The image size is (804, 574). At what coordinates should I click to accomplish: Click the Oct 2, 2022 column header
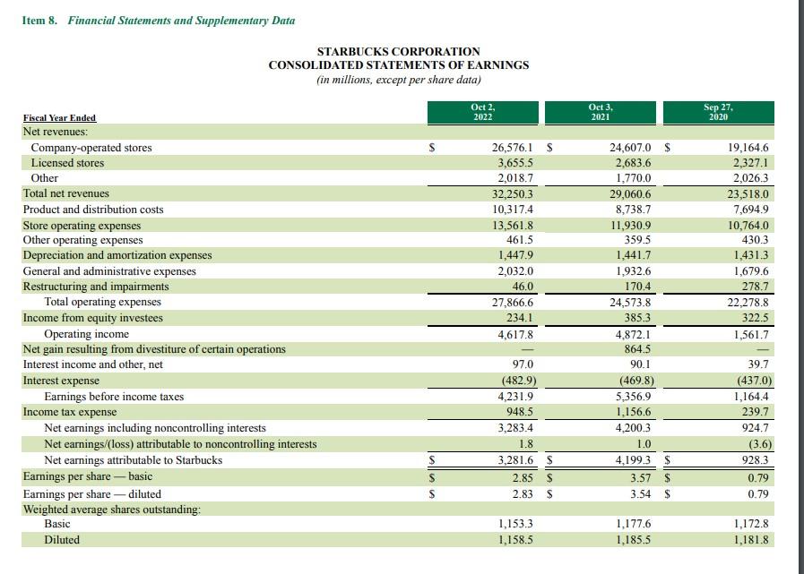click(483, 112)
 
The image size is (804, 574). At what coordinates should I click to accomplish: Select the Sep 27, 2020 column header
click(718, 112)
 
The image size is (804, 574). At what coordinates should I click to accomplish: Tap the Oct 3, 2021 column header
click(601, 112)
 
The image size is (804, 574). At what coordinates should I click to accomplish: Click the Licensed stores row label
click(67, 163)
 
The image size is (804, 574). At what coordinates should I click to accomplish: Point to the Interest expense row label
click(61, 381)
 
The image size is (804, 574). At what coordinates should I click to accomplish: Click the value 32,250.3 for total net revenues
click(512, 194)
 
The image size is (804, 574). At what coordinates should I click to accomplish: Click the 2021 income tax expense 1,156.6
click(633, 412)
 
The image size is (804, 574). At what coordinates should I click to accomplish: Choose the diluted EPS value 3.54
click(641, 494)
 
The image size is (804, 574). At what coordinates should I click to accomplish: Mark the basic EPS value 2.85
click(523, 478)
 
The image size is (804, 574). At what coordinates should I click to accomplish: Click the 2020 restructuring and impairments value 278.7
click(755, 287)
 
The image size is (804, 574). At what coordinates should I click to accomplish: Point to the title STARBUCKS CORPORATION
click(398, 52)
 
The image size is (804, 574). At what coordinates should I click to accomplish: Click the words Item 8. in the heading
click(39, 21)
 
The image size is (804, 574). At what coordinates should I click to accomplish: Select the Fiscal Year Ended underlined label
click(59, 118)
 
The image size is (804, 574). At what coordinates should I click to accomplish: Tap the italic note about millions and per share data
click(398, 80)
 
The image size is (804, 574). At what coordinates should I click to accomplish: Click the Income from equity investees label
click(93, 318)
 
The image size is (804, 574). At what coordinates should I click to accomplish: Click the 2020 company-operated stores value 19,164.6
click(748, 148)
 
